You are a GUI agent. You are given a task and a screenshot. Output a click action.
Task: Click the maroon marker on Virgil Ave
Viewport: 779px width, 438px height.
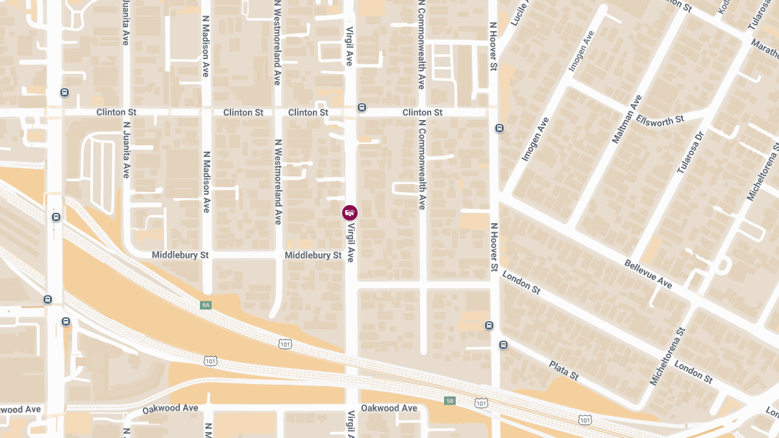tap(350, 212)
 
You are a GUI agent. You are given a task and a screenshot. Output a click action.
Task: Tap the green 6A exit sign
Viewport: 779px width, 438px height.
tap(206, 304)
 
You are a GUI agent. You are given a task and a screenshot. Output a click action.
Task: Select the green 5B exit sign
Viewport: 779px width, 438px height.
tap(450, 400)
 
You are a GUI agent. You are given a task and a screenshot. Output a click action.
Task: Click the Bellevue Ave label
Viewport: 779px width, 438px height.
tap(648, 274)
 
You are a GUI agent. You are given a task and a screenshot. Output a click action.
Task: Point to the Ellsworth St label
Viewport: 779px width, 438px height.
tap(660, 120)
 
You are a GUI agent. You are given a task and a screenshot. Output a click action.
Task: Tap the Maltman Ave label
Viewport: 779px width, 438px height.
tap(626, 119)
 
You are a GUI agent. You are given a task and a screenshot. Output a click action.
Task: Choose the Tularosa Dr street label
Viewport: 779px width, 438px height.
tap(690, 152)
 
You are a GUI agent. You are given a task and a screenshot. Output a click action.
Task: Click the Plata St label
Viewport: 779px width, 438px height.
tap(563, 370)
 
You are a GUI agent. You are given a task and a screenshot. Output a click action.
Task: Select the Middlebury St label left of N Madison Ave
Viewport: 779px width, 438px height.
tap(180, 255)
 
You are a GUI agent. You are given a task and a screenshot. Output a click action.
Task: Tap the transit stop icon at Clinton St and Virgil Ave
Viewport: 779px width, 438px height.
tap(362, 108)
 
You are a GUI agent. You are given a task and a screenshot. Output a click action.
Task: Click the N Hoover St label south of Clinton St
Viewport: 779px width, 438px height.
tap(494, 247)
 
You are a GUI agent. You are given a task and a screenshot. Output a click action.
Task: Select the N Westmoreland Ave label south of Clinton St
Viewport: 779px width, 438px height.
tap(278, 182)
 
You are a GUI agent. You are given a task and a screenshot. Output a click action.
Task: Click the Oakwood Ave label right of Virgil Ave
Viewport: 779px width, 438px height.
tap(389, 408)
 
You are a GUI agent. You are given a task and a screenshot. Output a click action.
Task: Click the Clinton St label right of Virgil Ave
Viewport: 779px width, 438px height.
tap(422, 112)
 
